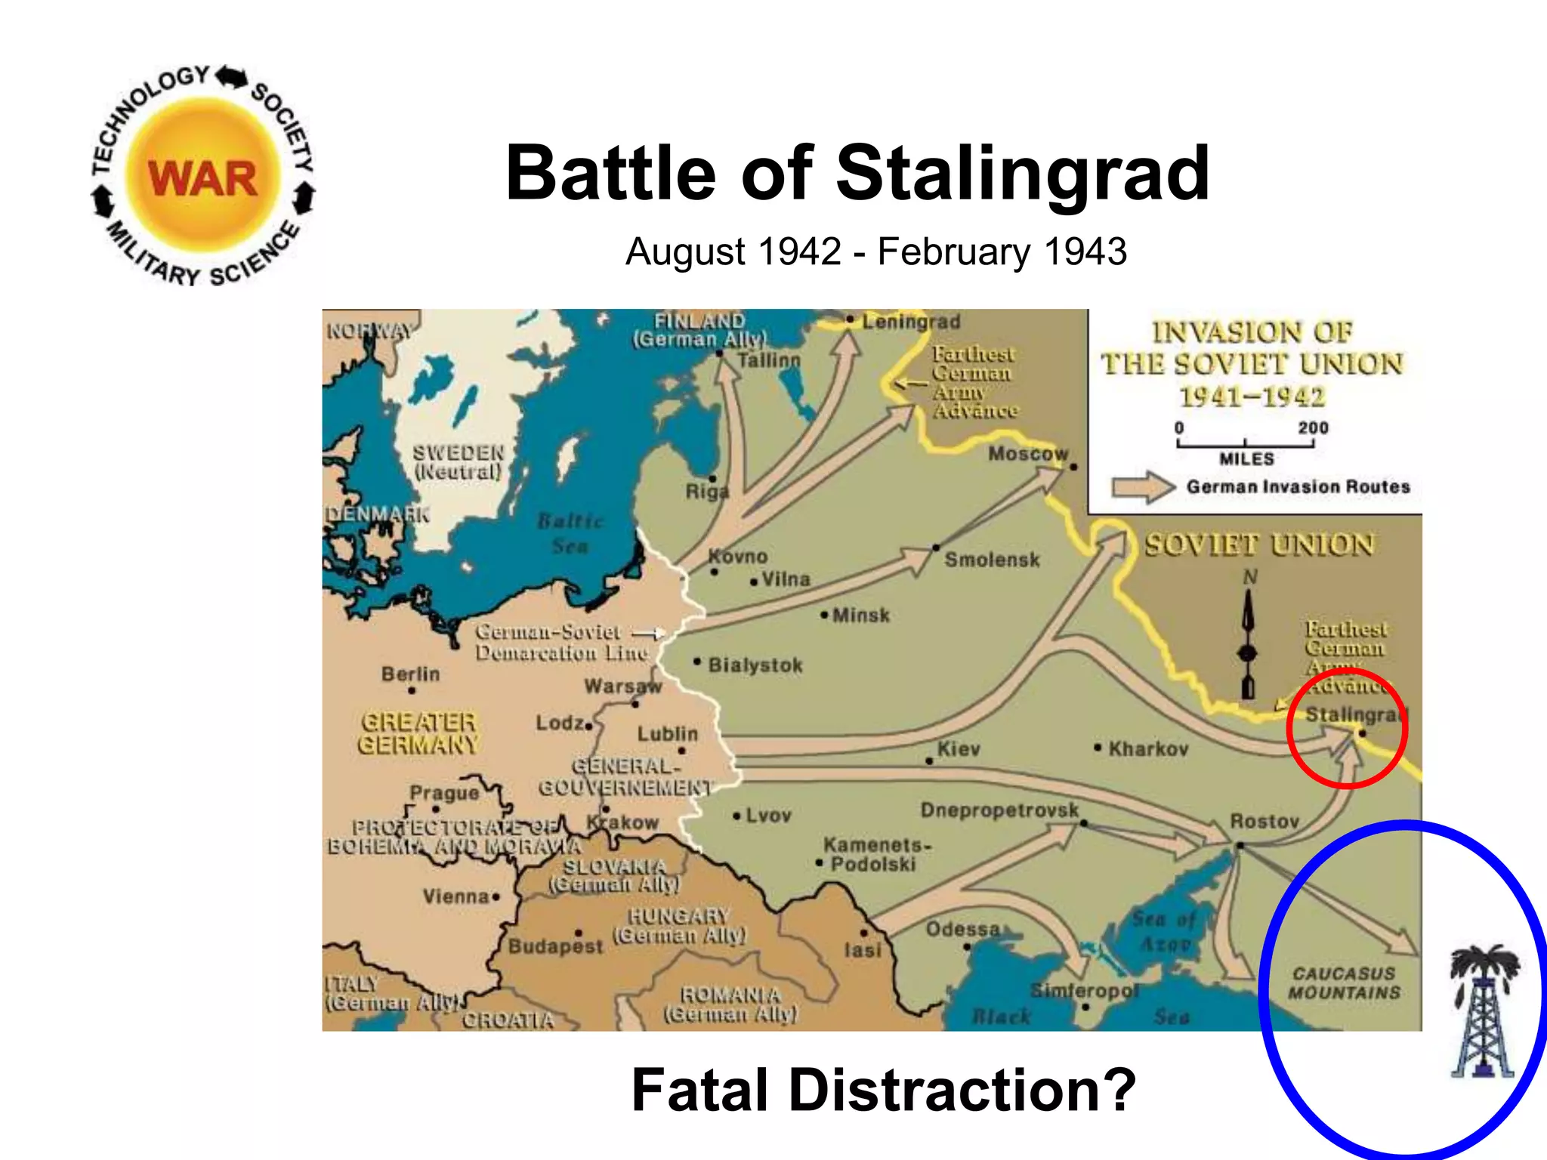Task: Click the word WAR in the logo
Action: (x=202, y=179)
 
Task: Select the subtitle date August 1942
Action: (x=733, y=251)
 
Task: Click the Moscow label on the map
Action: (x=1028, y=454)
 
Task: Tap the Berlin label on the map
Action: (x=410, y=674)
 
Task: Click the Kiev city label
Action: (x=958, y=749)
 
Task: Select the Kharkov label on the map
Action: (x=1148, y=749)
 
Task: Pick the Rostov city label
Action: (x=1264, y=821)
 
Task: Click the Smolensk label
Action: (x=992, y=560)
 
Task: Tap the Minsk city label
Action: (x=860, y=615)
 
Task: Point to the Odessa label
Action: (x=962, y=929)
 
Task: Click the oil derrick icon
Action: (x=1481, y=1011)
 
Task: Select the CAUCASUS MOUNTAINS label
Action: (x=1344, y=983)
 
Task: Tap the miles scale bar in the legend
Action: (x=1245, y=444)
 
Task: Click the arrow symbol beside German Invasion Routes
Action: (x=1143, y=487)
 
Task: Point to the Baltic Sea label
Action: (x=570, y=533)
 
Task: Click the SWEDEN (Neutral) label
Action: (x=458, y=462)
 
